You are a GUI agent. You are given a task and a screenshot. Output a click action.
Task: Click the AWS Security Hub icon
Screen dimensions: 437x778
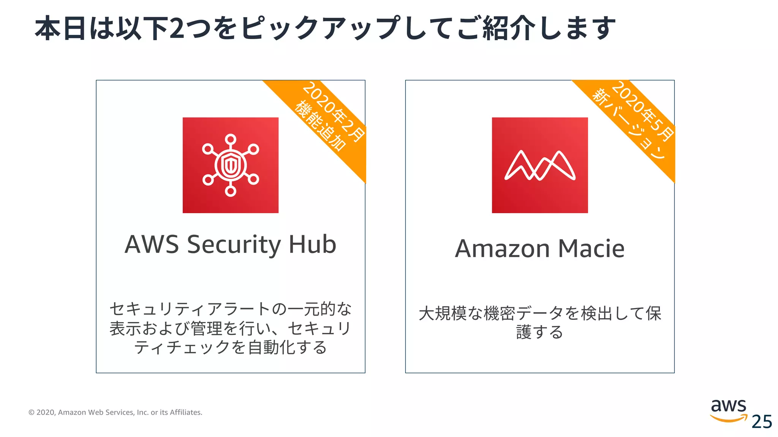click(x=230, y=165)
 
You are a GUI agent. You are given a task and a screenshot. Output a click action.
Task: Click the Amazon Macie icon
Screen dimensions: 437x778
click(x=539, y=165)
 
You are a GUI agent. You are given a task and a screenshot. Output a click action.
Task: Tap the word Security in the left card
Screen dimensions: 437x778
click(x=234, y=245)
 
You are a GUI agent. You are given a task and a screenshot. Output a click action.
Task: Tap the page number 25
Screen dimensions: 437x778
click(x=762, y=422)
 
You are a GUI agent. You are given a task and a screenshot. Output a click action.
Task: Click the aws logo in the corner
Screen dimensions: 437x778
click(x=728, y=410)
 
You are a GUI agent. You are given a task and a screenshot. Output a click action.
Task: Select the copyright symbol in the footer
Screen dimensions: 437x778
click(x=32, y=412)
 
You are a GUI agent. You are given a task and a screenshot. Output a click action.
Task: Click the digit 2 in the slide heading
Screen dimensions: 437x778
click(x=177, y=28)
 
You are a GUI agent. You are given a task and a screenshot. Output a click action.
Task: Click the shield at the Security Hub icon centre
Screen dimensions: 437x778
click(x=230, y=165)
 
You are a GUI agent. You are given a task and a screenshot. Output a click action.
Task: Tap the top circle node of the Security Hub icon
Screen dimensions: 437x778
click(x=230, y=140)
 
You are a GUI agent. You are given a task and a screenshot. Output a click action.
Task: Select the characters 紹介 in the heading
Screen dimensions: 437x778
click(x=509, y=28)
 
